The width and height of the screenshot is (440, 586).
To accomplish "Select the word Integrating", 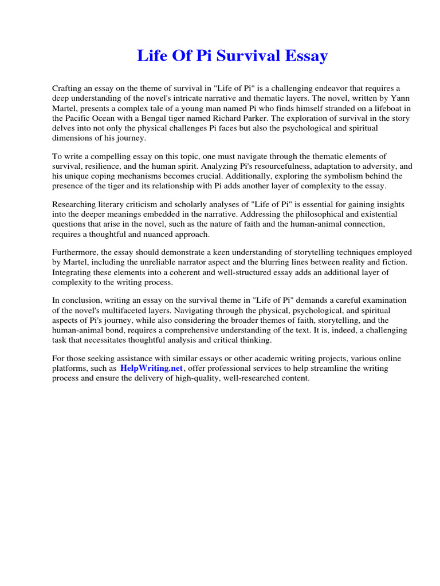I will pos(73,272).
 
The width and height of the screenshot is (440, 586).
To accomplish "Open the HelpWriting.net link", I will pos(151,369).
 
